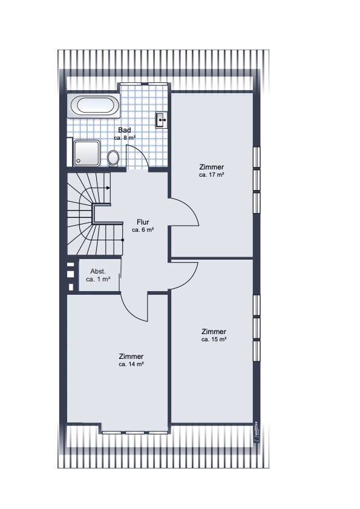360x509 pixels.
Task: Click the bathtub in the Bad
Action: (x=94, y=106)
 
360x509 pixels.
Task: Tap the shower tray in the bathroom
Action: (x=87, y=153)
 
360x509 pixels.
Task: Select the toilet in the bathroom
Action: (x=113, y=158)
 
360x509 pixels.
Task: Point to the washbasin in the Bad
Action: (x=162, y=120)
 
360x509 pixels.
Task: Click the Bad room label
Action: (x=125, y=130)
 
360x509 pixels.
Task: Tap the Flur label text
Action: (x=143, y=222)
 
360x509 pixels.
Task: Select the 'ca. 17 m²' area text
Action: (x=212, y=175)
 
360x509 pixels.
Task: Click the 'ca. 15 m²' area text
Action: (x=214, y=340)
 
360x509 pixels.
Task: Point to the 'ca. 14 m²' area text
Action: (x=131, y=364)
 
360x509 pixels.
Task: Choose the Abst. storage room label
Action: (x=98, y=271)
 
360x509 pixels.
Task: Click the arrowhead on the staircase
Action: (x=108, y=188)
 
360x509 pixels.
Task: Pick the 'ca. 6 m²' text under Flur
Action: (x=143, y=230)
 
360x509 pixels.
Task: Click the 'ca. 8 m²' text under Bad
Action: (x=125, y=137)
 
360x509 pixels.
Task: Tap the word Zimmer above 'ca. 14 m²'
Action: (x=131, y=356)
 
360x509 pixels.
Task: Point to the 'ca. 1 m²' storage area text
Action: (x=98, y=279)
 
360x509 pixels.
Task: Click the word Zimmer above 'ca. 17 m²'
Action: (x=212, y=167)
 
